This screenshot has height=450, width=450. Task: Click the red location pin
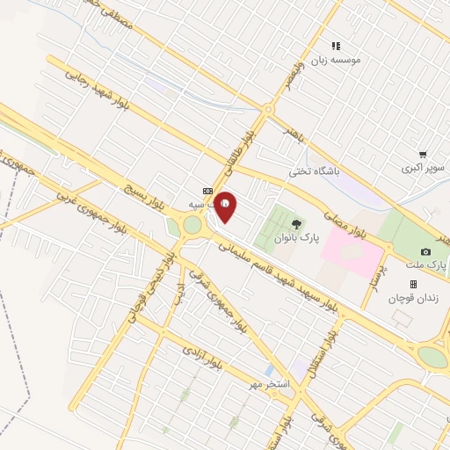[225, 207]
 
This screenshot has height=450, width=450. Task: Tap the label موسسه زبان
[352, 60]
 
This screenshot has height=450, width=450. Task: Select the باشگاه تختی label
[316, 172]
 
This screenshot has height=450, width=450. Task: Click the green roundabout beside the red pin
[192, 226]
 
